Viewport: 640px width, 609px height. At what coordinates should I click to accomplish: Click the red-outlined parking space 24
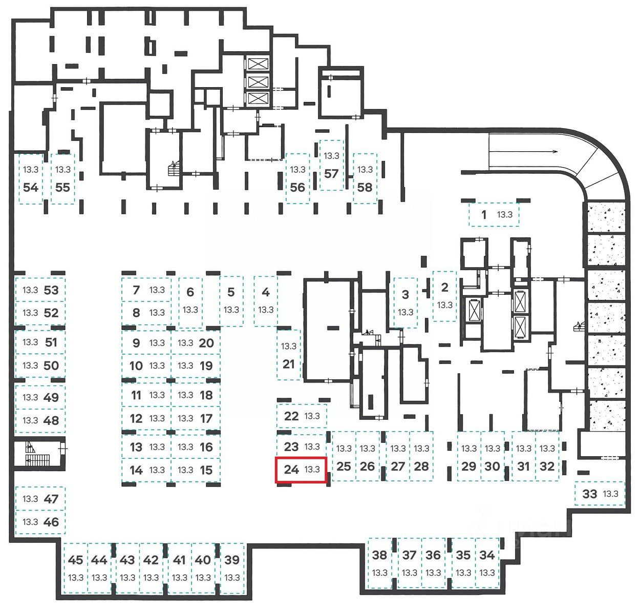coord(301,470)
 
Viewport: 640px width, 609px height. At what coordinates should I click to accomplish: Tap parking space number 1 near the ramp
coord(494,215)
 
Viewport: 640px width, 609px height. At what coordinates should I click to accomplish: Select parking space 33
coord(600,494)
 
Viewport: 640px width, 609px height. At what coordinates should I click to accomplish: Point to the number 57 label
coord(331,173)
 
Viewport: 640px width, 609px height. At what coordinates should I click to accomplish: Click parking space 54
coord(31,179)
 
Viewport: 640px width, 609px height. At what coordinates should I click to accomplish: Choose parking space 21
coord(289,355)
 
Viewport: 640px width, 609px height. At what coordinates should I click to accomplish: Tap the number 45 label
coord(75,560)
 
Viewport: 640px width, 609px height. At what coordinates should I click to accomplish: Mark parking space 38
coord(379,563)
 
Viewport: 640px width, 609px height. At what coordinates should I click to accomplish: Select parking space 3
coord(405,302)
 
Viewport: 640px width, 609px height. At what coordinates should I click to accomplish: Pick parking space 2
coord(444,296)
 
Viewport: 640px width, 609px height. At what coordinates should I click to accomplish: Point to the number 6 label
coord(190,292)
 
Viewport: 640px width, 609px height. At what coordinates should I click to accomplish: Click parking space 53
coord(40,290)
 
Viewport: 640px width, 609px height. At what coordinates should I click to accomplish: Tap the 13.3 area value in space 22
coord(312,416)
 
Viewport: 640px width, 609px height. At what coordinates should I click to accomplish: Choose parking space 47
coord(40,498)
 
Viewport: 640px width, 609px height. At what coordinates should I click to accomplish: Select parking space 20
coord(196,343)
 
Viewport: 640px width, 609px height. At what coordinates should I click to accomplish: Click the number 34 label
coord(487,555)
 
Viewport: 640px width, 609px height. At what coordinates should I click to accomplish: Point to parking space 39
coord(232,567)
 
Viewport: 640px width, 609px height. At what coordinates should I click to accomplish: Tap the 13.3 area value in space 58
coord(365,169)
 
